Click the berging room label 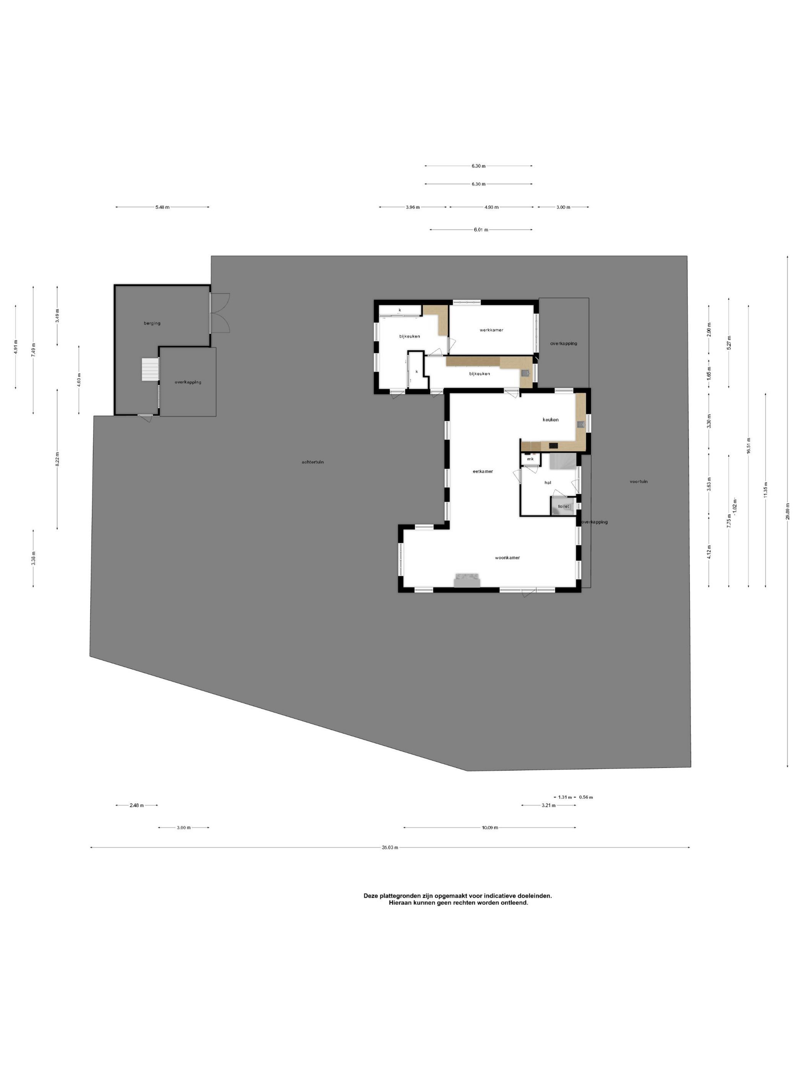coord(152,323)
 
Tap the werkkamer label coord(491,330)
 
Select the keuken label coord(550,419)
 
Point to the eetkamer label coord(483,471)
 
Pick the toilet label coord(563,506)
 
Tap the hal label coord(548,482)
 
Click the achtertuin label coord(313,462)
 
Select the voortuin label coord(639,481)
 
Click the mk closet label coord(530,459)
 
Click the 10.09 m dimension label coord(490,828)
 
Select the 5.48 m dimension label coord(162,207)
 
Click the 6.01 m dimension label coord(481,230)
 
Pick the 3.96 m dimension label coord(412,207)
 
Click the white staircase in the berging coord(150,370)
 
